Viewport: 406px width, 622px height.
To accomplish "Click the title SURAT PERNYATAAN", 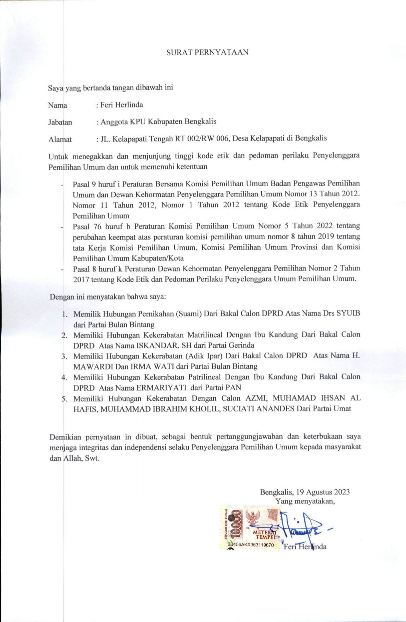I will (207, 52).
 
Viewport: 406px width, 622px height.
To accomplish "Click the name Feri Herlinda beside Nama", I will (122, 105).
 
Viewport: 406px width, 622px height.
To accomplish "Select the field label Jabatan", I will (60, 122).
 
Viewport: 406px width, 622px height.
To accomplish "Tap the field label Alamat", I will (60, 139).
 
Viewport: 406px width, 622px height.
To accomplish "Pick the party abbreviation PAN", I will (234, 388).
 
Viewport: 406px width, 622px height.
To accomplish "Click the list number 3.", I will (64, 356).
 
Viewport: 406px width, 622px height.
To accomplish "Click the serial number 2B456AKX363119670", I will (250, 545).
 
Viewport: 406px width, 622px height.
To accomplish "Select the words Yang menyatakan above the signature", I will (305, 501).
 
